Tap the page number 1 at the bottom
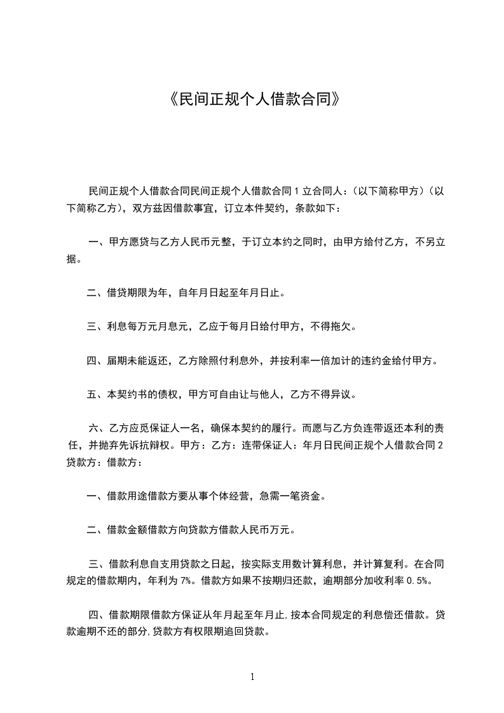pyautogui.click(x=252, y=676)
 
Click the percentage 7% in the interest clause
pyautogui.click(x=186, y=580)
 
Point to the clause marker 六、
pyautogui.click(x=97, y=428)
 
